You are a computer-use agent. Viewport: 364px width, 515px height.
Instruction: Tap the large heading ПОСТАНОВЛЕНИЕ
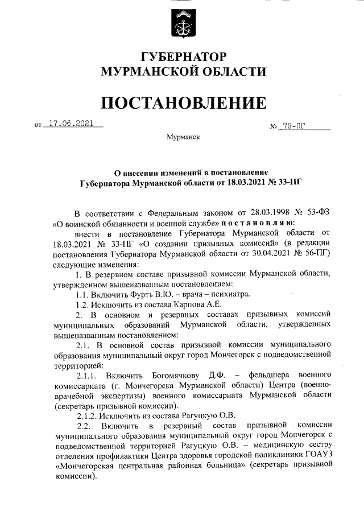(x=183, y=103)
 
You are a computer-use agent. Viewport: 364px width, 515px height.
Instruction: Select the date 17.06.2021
(x=71, y=123)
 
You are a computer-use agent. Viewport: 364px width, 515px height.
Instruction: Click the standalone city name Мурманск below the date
(x=183, y=137)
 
